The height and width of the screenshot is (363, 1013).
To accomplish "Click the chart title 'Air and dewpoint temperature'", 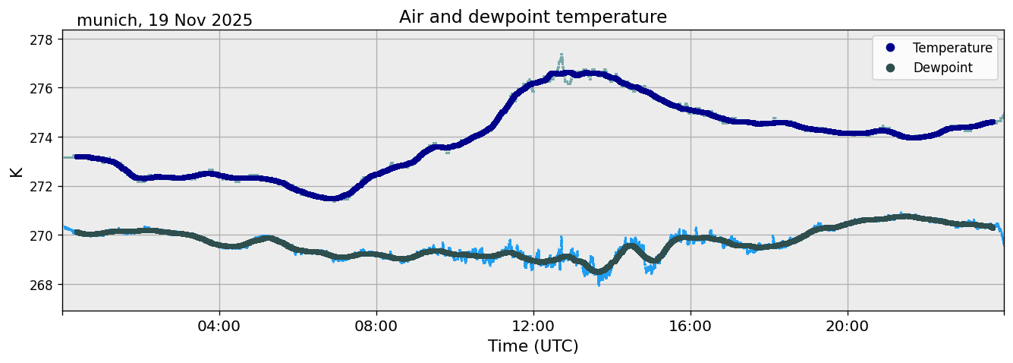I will (x=533, y=17).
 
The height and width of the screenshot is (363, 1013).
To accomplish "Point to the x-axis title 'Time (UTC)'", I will (x=533, y=346).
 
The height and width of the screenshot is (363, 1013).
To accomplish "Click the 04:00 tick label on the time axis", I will (x=219, y=327).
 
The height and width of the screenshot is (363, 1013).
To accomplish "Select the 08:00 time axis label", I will (x=376, y=327).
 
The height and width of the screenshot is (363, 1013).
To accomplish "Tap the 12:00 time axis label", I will (x=533, y=327).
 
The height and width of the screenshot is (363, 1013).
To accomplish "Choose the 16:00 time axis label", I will (x=691, y=327).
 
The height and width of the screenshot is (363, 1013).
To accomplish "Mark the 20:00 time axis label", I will (x=848, y=327).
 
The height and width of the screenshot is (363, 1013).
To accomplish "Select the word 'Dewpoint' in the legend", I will (x=942, y=68).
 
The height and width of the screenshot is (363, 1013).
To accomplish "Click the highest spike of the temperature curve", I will (x=562, y=55).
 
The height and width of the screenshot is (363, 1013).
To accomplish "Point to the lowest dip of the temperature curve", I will (x=332, y=198).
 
